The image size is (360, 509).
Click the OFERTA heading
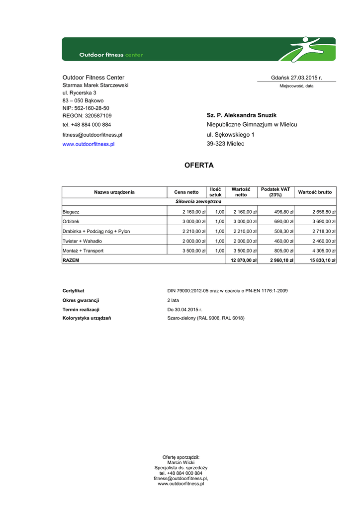(198, 165)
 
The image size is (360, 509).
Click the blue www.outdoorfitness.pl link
(89, 144)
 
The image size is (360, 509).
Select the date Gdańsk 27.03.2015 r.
(296, 78)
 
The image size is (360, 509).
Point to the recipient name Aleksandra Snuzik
(242, 115)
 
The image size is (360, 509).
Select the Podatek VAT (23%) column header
(275, 192)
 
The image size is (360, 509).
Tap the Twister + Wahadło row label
(82, 241)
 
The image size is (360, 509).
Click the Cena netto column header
(186, 192)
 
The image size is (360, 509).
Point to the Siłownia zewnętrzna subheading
(198, 201)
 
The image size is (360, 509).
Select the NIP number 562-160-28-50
(86, 108)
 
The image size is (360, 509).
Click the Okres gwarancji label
(81, 300)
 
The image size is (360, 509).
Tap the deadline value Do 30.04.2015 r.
(185, 309)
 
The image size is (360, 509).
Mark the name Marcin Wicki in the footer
(181, 462)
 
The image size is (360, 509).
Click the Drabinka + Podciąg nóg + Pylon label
(96, 231)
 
